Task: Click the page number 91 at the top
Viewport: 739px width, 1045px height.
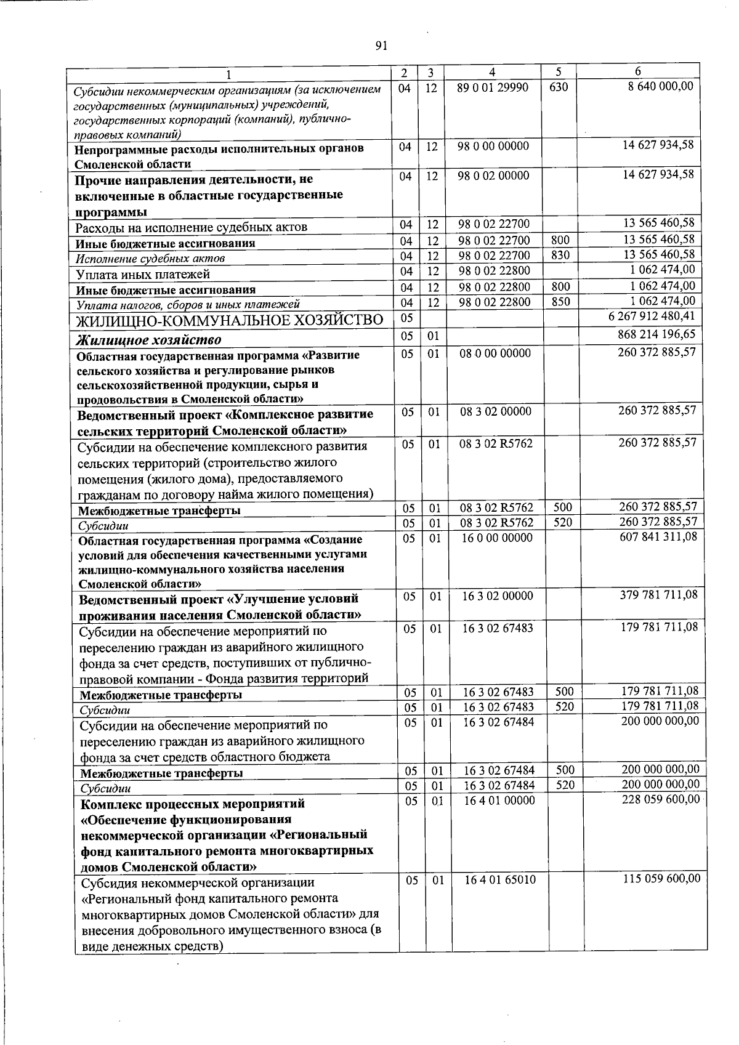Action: (x=381, y=46)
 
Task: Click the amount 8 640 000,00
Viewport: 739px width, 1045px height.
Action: (x=661, y=87)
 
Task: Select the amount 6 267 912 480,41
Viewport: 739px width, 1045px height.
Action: (x=652, y=317)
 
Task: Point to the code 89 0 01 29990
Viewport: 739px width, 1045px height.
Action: (x=493, y=87)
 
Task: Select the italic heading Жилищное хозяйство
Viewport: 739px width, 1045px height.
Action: (x=148, y=340)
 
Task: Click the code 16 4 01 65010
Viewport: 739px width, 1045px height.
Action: (x=499, y=880)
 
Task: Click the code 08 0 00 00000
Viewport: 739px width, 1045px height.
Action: (x=495, y=353)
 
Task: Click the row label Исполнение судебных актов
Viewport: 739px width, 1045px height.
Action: (x=150, y=259)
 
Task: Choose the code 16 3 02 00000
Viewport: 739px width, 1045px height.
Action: (x=498, y=596)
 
